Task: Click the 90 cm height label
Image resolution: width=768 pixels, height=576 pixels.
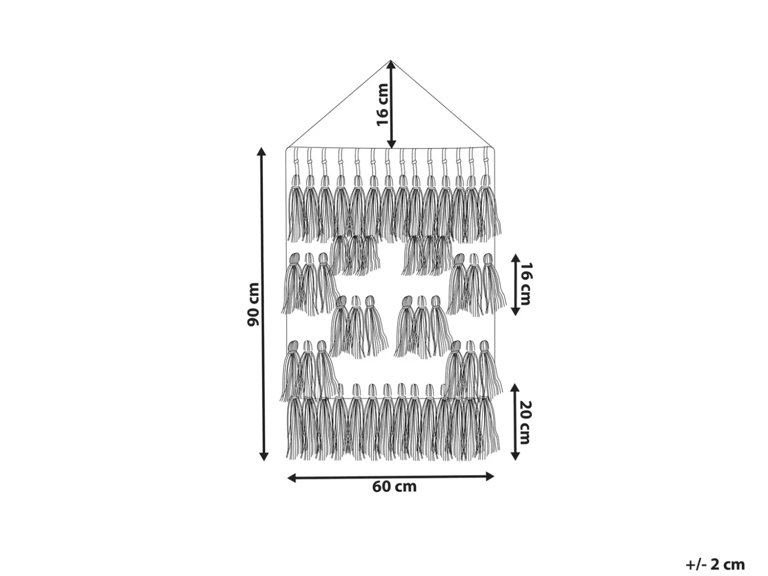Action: click(254, 305)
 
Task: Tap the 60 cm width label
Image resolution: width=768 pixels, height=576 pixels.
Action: click(395, 487)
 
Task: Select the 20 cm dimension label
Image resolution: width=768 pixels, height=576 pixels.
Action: click(525, 422)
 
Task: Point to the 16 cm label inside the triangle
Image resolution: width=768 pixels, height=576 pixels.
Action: click(382, 104)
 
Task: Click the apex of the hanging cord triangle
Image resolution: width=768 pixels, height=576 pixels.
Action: click(390, 61)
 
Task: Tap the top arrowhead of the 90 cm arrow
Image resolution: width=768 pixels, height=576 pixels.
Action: click(261, 151)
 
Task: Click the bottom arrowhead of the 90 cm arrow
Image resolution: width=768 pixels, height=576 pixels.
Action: click(264, 457)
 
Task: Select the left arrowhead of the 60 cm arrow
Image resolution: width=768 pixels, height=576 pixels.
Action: click(291, 478)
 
